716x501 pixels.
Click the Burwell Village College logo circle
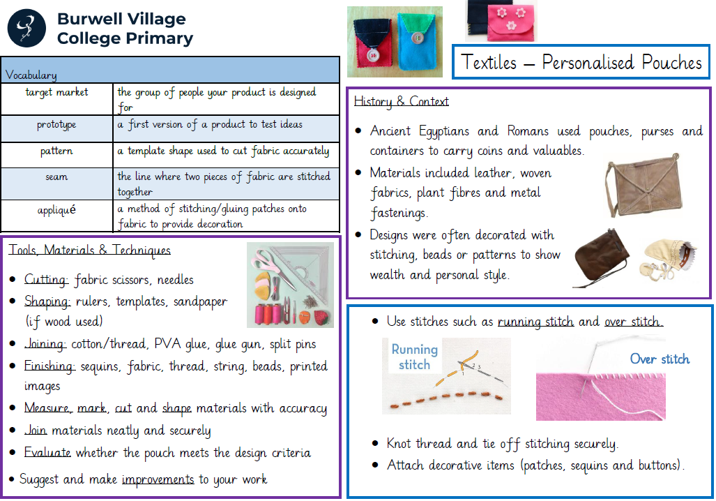[26, 29]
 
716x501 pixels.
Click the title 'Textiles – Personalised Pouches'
[581, 62]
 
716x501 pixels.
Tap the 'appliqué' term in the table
[56, 210]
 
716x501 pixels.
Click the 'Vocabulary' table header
[31, 75]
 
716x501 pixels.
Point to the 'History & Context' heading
[402, 101]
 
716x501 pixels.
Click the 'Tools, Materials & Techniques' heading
[89, 250]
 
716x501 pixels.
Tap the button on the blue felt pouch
[416, 38]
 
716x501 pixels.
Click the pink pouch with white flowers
[510, 23]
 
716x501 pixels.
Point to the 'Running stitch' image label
[414, 357]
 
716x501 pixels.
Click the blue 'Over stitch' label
[660, 359]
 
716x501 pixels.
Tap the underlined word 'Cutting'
[46, 279]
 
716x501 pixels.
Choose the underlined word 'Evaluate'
[47, 453]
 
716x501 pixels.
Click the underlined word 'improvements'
[158, 479]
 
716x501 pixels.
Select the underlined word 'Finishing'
[49, 366]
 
